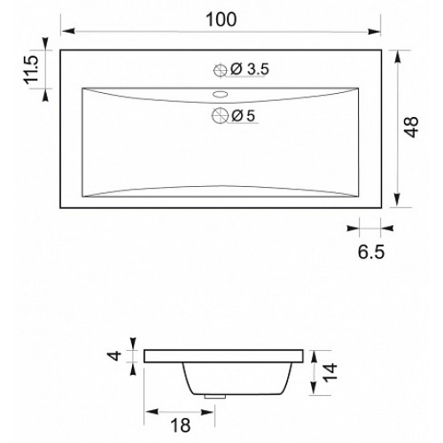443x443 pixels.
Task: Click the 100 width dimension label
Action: click(x=221, y=19)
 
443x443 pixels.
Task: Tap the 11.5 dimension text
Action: click(x=31, y=69)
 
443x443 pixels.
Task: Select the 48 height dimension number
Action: click(x=411, y=128)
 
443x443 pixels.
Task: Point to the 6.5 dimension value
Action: click(x=371, y=252)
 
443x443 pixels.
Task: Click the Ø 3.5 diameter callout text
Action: click(x=250, y=69)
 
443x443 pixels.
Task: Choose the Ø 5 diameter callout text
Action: click(x=243, y=115)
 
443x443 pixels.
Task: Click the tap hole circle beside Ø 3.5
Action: click(x=221, y=70)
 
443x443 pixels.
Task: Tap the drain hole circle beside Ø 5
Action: click(x=221, y=115)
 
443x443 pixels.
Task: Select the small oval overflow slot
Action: click(x=221, y=94)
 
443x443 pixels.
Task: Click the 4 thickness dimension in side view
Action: click(x=115, y=355)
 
